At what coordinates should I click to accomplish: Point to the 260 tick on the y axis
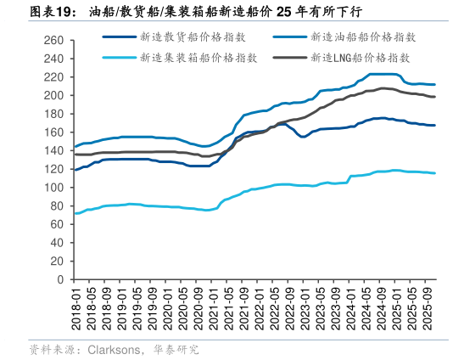[53, 40]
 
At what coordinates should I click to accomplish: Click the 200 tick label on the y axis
[53, 95]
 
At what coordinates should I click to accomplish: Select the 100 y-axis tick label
[53, 188]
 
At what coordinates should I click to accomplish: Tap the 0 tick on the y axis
[60, 279]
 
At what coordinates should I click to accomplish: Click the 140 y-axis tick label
[53, 150]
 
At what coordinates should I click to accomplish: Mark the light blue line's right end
[435, 173]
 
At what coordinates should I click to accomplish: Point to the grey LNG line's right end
[435, 97]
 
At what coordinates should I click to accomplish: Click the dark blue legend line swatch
[121, 37]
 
